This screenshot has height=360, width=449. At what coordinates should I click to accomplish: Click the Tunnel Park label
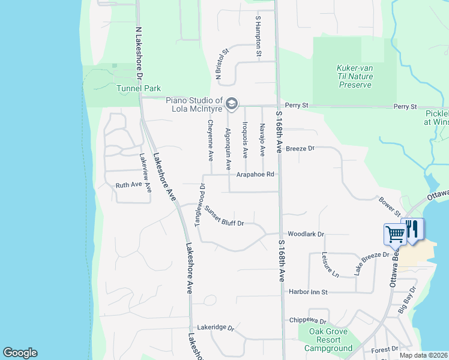136,89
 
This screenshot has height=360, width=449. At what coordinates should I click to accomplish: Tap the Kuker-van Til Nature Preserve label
355,76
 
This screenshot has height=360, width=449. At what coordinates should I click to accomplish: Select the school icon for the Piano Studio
231,105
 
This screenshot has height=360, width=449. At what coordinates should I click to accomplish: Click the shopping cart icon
395,233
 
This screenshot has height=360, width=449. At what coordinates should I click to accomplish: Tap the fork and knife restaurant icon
412,230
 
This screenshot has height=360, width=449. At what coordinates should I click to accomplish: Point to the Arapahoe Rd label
255,175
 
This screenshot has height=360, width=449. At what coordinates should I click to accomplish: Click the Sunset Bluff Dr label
224,217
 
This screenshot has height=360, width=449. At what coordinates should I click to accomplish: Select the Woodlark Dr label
306,234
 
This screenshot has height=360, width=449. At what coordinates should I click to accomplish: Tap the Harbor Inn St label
307,292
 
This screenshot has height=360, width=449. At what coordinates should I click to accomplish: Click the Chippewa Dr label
307,321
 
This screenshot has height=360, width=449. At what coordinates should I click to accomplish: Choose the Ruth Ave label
128,186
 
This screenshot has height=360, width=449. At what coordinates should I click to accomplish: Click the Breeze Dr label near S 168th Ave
300,148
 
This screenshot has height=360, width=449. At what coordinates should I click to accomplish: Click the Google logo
20,353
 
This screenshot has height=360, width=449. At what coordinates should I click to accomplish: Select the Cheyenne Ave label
210,140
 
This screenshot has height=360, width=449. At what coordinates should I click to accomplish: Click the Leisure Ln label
331,264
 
